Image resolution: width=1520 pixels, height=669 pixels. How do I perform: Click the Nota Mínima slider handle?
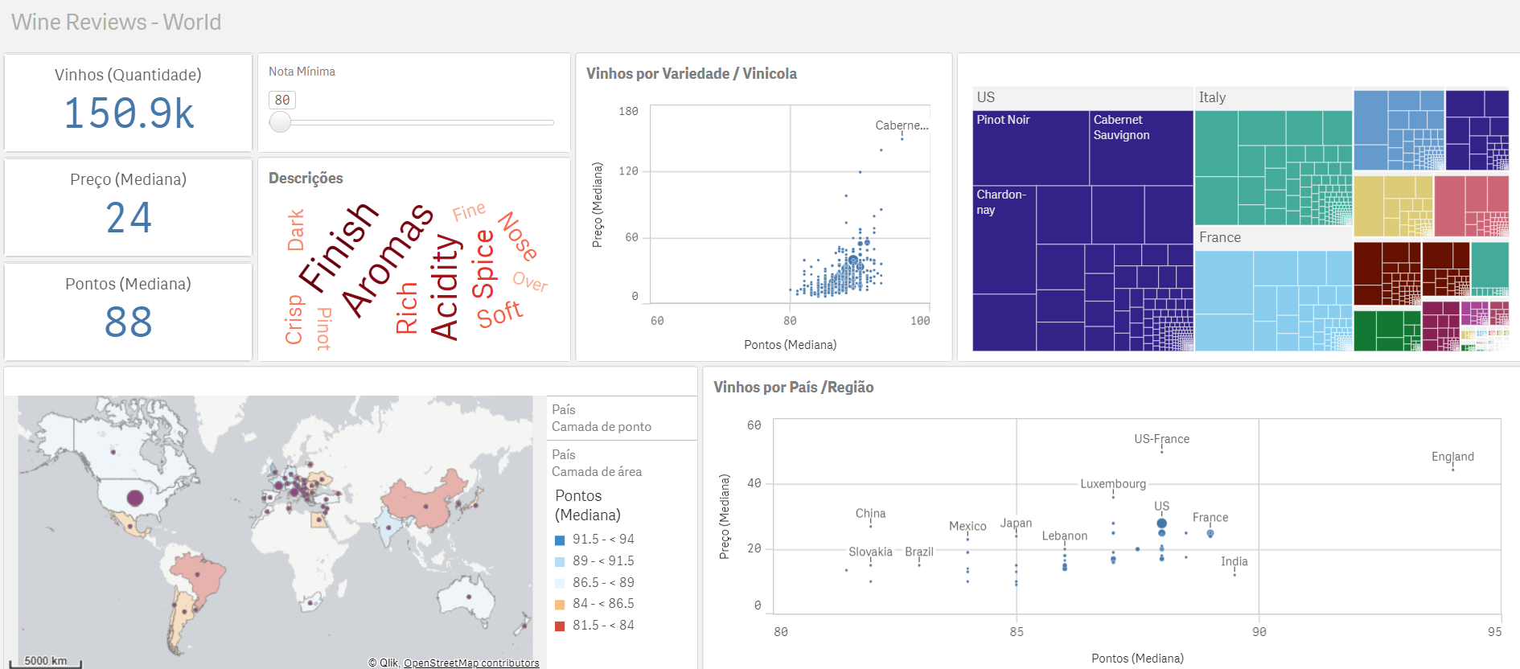point(280,122)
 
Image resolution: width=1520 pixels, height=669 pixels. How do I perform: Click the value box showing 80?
point(282,100)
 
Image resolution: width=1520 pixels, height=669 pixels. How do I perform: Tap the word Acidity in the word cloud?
point(445,287)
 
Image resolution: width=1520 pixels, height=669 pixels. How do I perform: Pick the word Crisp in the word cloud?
point(294,319)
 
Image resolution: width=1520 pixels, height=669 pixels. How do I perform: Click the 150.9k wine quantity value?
point(129,113)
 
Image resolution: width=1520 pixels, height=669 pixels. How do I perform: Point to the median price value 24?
point(129,218)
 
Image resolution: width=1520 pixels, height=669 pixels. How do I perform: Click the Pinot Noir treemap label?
point(1003,120)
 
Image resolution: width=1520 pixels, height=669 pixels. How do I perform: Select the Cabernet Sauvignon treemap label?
point(1121,127)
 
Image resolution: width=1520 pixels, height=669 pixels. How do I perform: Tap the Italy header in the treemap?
point(1212,97)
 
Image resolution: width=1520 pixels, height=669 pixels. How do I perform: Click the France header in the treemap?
point(1219,237)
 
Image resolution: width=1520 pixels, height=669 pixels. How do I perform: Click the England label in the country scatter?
point(1452,457)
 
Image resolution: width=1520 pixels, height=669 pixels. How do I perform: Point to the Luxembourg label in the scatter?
point(1112,484)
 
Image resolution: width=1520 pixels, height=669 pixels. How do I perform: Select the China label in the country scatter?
point(870,514)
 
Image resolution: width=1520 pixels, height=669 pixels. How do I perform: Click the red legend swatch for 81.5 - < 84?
point(560,626)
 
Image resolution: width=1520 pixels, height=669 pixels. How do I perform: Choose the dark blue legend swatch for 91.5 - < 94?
point(560,540)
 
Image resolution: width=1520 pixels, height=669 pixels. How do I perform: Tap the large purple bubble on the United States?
point(135,498)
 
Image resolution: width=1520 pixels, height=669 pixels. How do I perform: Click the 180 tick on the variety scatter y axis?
point(628,112)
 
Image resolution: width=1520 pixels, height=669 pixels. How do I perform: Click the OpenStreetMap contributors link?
point(471,663)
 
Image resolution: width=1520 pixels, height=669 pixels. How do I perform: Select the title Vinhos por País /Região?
point(793,388)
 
